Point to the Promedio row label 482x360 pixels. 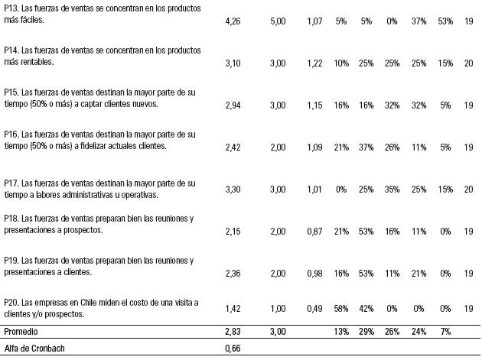point(22,332)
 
